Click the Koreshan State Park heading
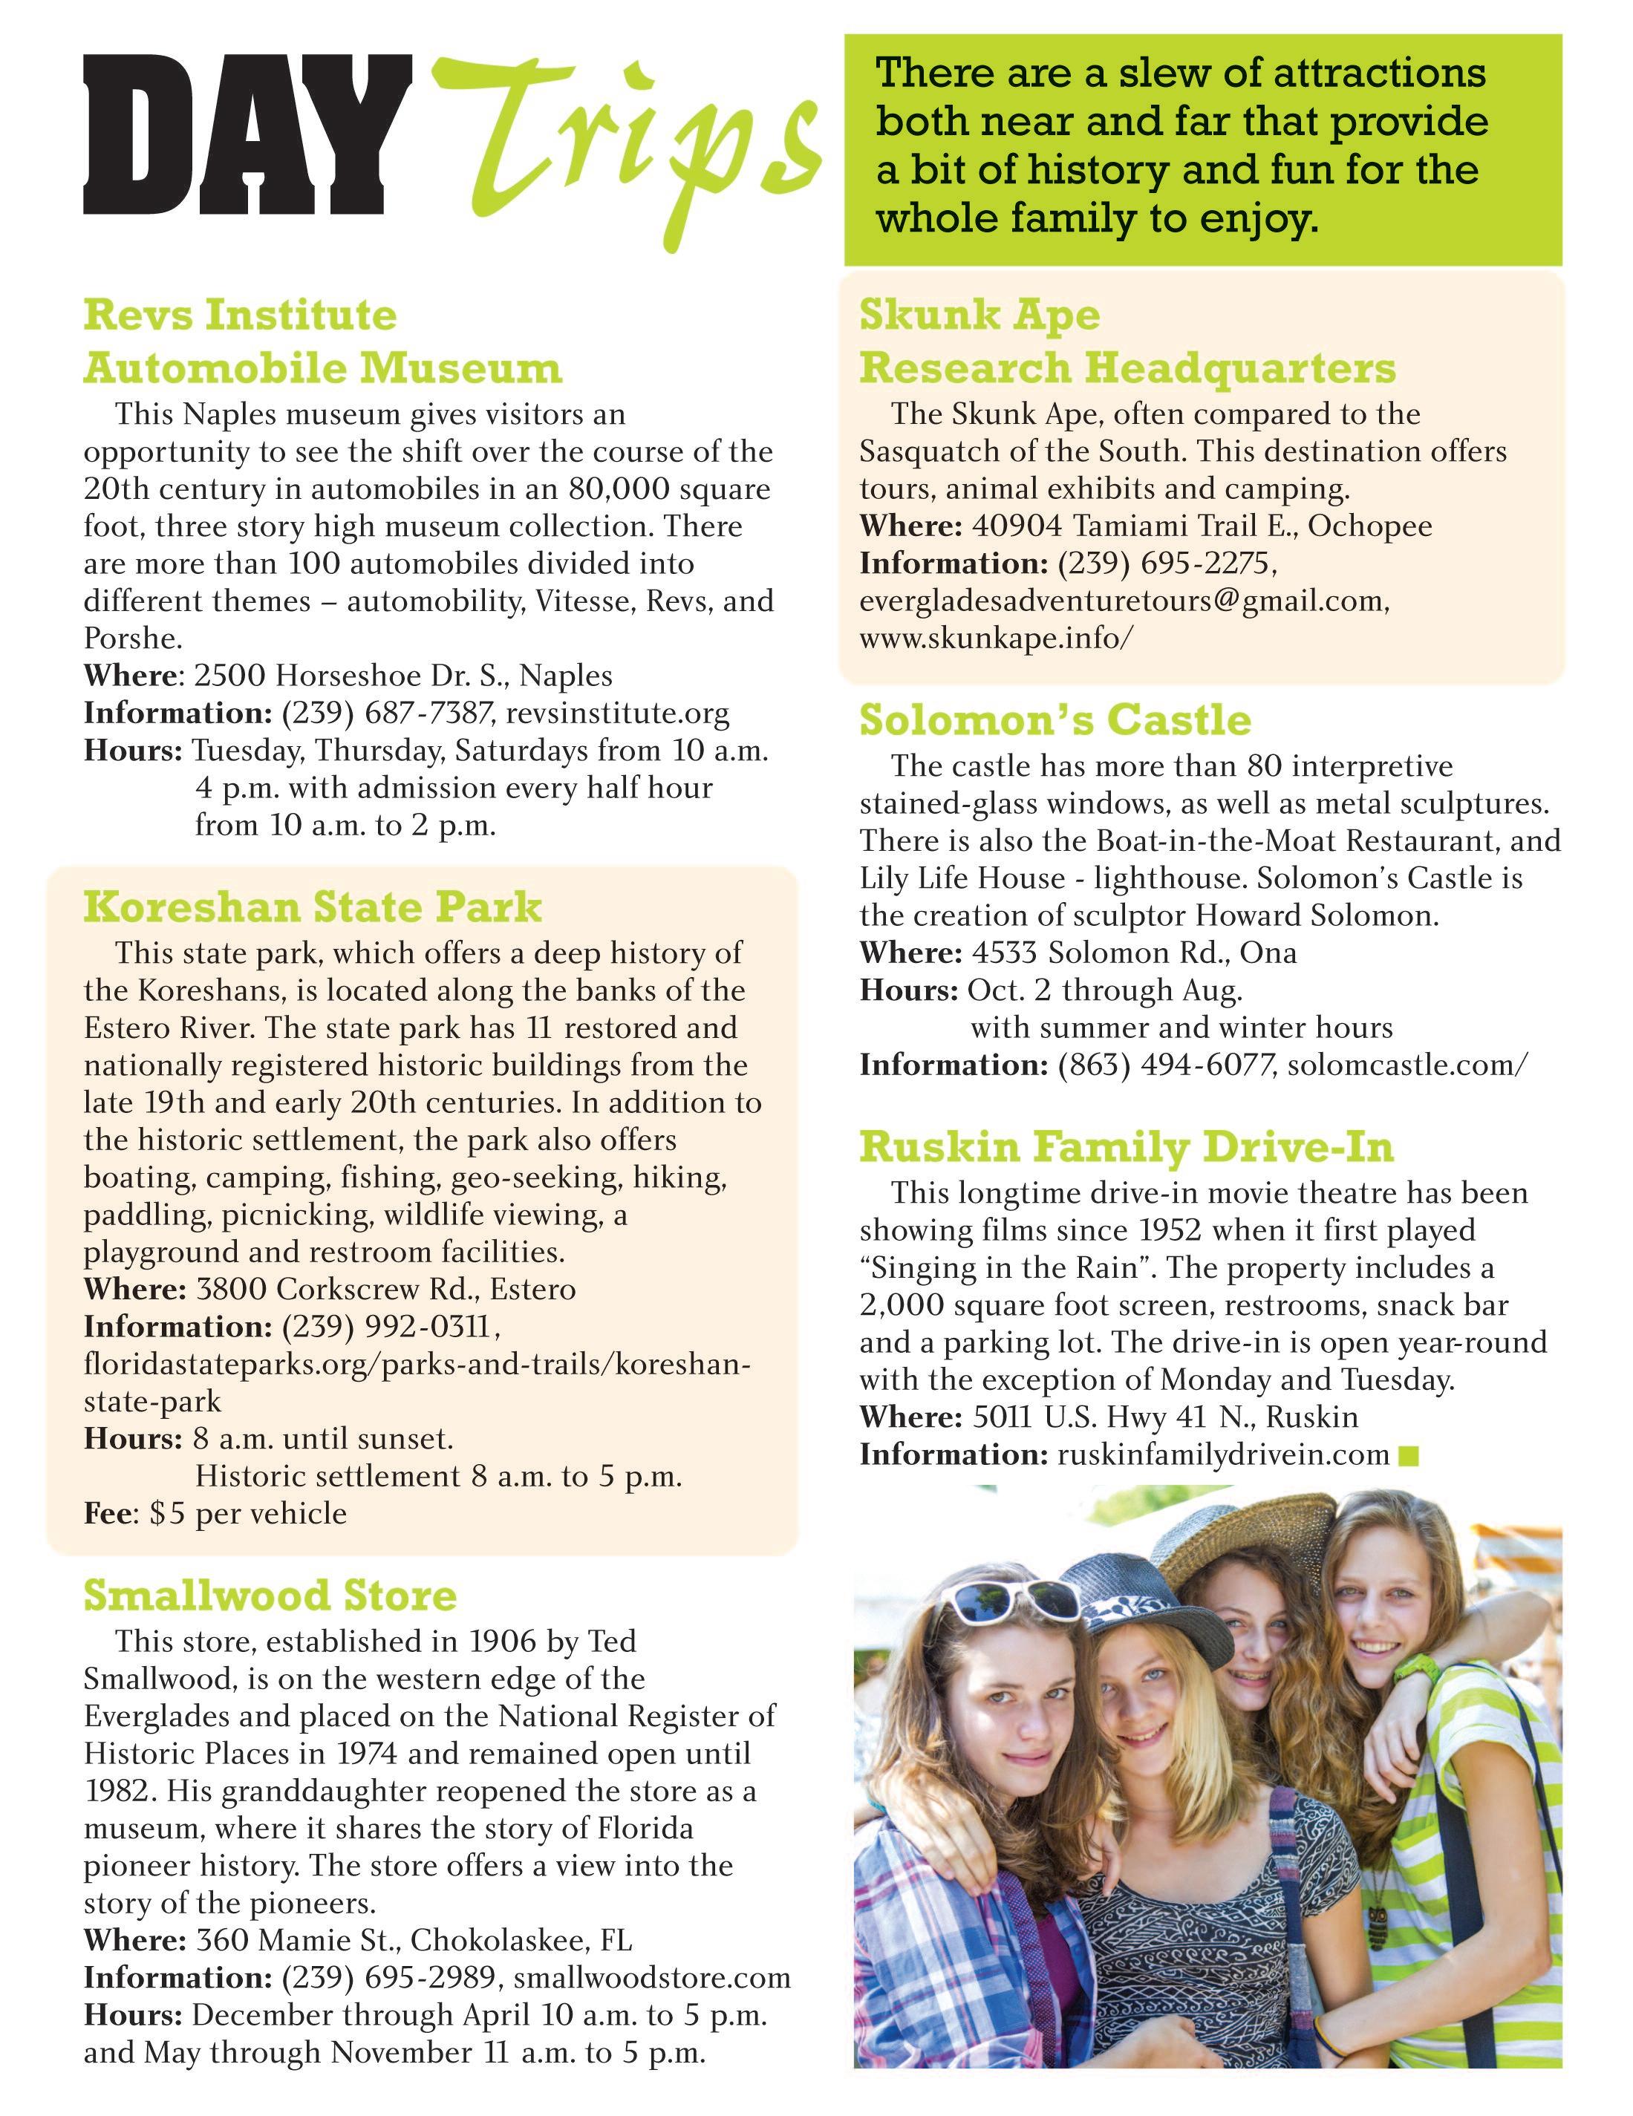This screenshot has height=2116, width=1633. pos(312,907)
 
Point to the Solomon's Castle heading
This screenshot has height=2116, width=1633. pos(1055,720)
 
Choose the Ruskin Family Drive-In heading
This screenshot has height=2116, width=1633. pos(1126,1147)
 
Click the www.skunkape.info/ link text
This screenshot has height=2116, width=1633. pos(995,638)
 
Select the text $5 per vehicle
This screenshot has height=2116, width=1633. pos(247,1513)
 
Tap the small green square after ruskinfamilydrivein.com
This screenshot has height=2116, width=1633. pos(1409,1455)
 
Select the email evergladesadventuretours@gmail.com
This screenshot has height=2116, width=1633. pos(1124,601)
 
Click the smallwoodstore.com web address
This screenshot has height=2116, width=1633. pos(651,1976)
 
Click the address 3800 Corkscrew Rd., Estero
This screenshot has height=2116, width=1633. pos(385,1290)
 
